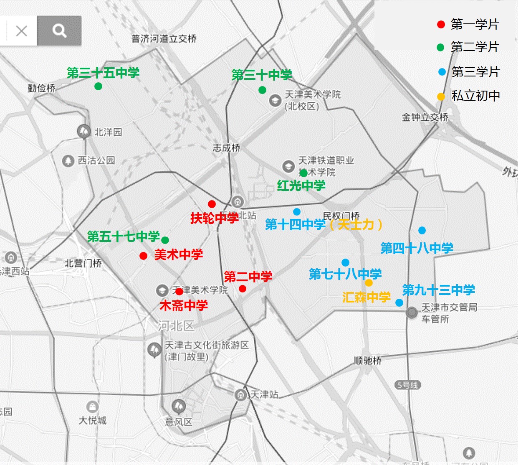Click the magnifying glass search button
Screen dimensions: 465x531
(59, 30)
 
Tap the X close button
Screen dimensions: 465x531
(21, 31)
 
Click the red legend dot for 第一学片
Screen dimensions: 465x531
(441, 24)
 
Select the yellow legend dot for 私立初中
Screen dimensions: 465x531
(441, 97)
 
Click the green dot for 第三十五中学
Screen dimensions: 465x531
(98, 86)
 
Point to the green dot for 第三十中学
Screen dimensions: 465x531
(262, 90)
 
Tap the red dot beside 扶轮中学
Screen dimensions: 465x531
(212, 204)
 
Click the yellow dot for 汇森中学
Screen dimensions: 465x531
(369, 283)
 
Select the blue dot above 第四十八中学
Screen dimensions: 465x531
(422, 231)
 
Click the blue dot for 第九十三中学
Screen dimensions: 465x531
(399, 302)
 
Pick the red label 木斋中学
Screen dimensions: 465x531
(184, 305)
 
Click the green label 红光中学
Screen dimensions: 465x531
(301, 185)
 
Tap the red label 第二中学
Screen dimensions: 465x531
(248, 276)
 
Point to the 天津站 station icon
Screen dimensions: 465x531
(240, 394)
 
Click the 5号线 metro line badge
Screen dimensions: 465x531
(407, 385)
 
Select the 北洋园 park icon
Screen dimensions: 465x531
(83, 132)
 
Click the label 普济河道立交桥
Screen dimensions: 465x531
(164, 39)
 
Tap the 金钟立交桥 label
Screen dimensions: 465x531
(425, 117)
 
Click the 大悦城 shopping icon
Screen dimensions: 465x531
(92, 407)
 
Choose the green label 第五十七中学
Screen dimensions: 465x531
(123, 236)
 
